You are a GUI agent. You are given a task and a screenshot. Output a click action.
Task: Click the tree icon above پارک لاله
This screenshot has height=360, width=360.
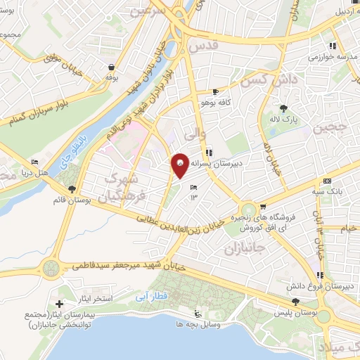[x=284, y=108]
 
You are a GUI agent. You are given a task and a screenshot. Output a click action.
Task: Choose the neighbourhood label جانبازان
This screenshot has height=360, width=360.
[x=247, y=247]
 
